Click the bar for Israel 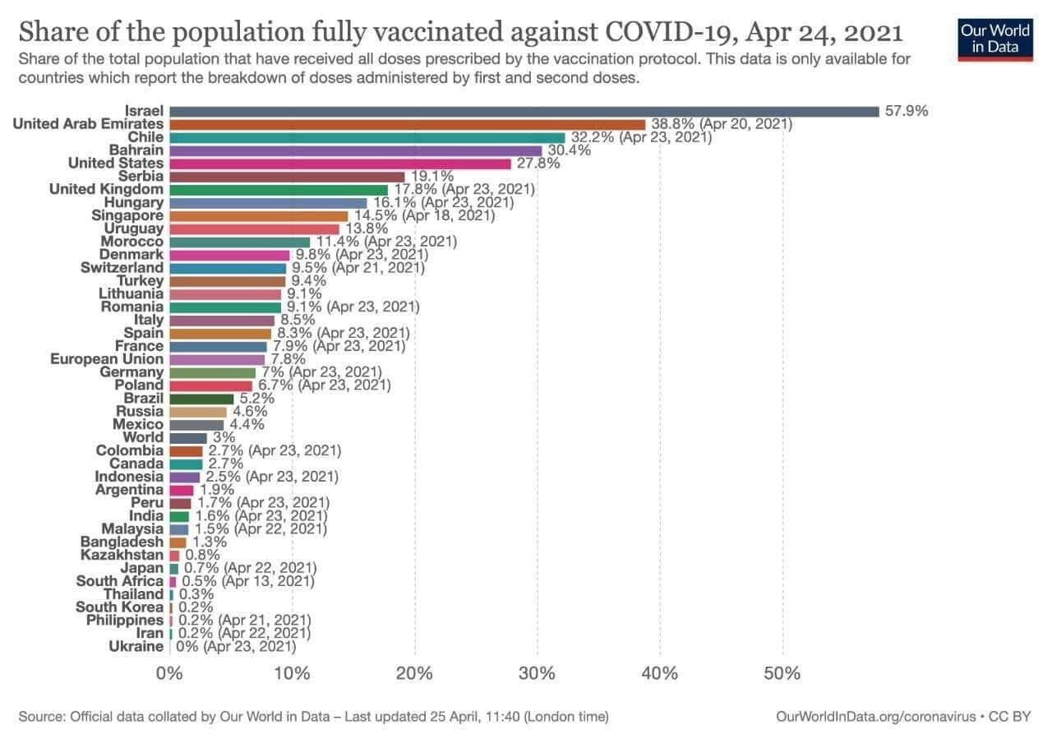pyautogui.click(x=524, y=111)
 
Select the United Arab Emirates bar pyautogui.click(x=408, y=124)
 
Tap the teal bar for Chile pyautogui.click(x=367, y=137)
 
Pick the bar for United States pyautogui.click(x=340, y=164)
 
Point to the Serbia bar pyautogui.click(x=287, y=177)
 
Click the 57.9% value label pyautogui.click(x=907, y=111)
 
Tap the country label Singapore pyautogui.click(x=127, y=215)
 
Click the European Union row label pyautogui.click(x=107, y=359)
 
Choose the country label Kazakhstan pyautogui.click(x=122, y=555)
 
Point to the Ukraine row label pyautogui.click(x=136, y=646)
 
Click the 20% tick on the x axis pyautogui.click(x=414, y=674)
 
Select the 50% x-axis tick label pyautogui.click(x=782, y=674)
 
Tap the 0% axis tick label pyautogui.click(x=169, y=674)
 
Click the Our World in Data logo pyautogui.click(x=994, y=38)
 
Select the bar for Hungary pyautogui.click(x=268, y=203)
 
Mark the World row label pyautogui.click(x=143, y=437)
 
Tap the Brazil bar pyautogui.click(x=201, y=399)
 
